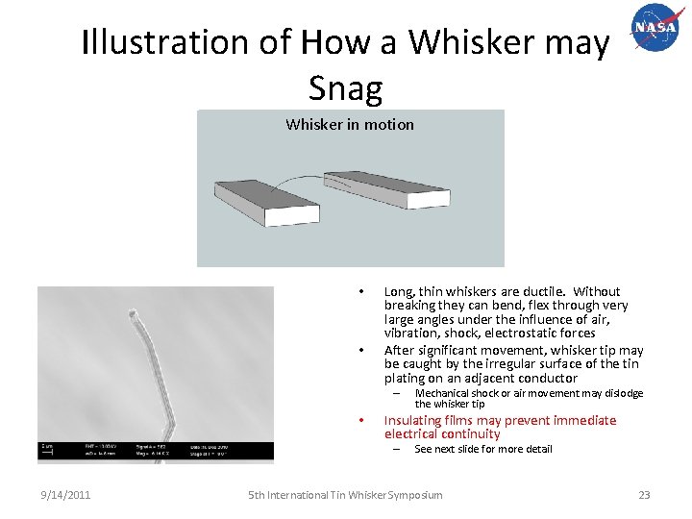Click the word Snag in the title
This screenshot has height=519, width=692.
pyautogui.click(x=346, y=88)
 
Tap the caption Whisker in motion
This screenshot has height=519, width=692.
pyautogui.click(x=350, y=124)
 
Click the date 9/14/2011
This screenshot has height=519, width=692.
pyautogui.click(x=65, y=495)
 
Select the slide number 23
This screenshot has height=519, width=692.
pyautogui.click(x=644, y=495)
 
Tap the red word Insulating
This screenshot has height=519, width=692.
pyautogui.click(x=416, y=420)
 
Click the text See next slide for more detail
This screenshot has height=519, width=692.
pyautogui.click(x=482, y=449)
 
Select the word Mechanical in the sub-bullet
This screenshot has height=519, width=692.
pyautogui.click(x=442, y=393)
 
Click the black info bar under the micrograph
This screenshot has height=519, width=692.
pyautogui.click(x=141, y=450)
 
